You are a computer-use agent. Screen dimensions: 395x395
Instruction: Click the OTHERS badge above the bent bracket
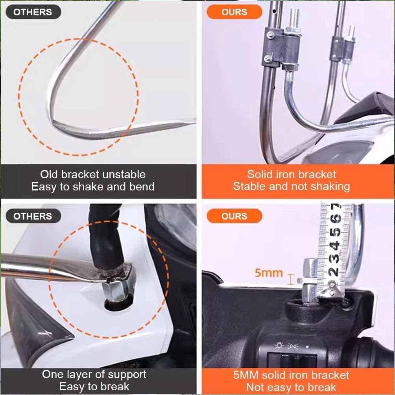[x=33, y=12]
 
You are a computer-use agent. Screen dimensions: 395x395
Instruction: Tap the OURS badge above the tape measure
[x=234, y=216]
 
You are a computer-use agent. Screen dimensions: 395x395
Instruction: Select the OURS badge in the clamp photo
[x=234, y=12]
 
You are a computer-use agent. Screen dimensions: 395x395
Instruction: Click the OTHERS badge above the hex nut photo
[x=33, y=216]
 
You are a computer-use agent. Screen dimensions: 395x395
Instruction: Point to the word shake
[x=88, y=186]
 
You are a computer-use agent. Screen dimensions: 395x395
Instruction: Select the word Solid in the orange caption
[x=257, y=174]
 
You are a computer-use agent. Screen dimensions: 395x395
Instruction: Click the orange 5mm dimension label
[x=269, y=273]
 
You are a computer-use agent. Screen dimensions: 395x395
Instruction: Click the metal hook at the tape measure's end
[x=330, y=290]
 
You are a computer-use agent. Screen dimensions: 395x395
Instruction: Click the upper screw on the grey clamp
[x=270, y=35]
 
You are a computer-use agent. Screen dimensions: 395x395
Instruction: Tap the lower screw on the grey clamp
[x=268, y=59]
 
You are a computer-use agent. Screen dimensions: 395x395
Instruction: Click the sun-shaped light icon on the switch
[x=279, y=345]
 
